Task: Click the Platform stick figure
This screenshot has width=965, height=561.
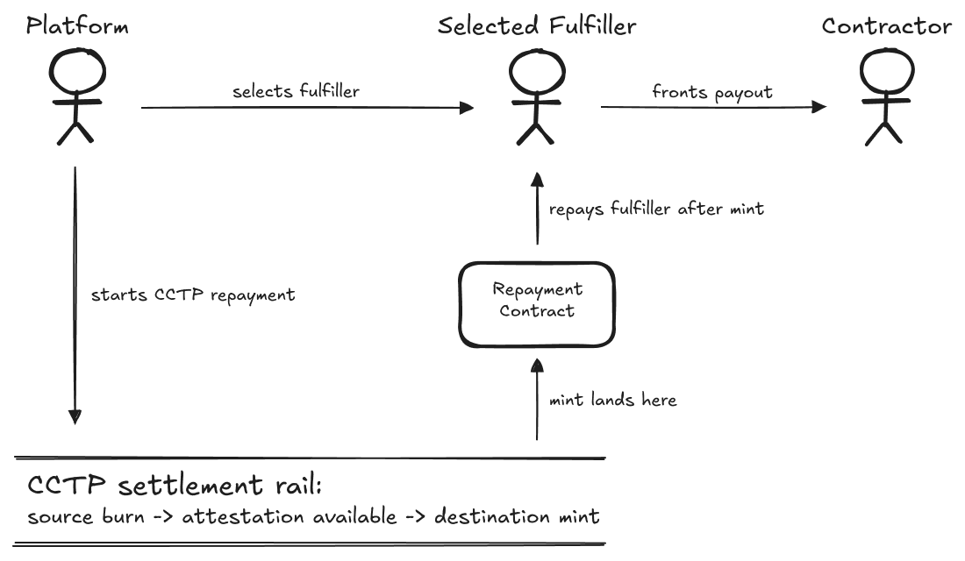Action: point(75,96)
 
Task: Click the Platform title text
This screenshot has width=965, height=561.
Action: point(77,26)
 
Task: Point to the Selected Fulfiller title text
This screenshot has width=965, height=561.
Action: point(537,26)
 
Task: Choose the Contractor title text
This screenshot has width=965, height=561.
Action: point(886,26)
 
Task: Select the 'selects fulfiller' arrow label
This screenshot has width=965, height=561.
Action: point(296,91)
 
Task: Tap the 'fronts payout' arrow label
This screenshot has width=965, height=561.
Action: point(712,91)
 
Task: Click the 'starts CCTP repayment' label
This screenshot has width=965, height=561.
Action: point(193,295)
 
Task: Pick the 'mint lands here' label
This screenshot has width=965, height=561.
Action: point(612,400)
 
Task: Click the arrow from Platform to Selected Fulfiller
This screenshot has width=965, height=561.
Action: point(307,109)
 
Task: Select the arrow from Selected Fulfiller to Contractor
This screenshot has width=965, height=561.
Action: point(713,107)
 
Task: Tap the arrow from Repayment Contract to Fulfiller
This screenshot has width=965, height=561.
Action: point(536,210)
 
